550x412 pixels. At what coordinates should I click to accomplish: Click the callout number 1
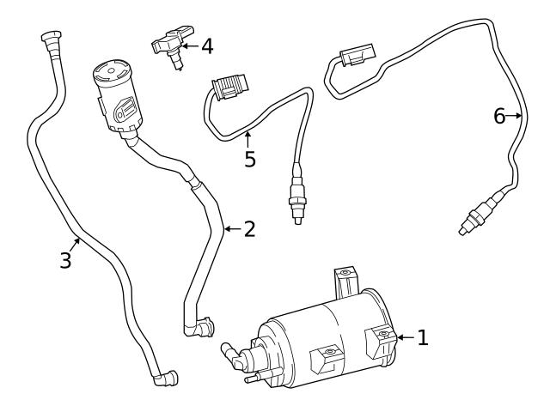coord(422,337)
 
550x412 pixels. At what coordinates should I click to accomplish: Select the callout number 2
coord(249,229)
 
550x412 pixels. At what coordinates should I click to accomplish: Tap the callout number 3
coord(65,260)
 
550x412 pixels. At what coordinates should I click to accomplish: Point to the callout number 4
coord(206,45)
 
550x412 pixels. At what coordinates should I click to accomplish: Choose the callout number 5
coord(249,160)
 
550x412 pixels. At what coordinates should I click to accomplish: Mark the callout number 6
coord(499,116)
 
